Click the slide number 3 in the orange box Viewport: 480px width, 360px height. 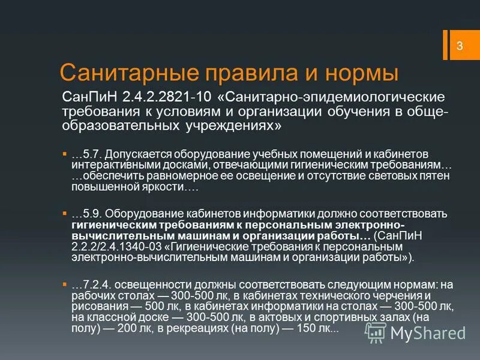point(460,46)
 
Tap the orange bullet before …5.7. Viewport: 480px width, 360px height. point(65,154)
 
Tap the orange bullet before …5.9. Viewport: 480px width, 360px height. point(65,213)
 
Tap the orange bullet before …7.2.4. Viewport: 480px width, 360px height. point(65,283)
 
